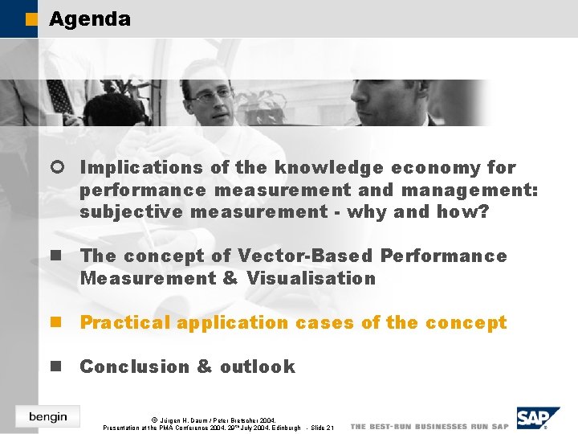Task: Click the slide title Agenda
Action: [89, 19]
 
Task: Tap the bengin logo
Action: [48, 416]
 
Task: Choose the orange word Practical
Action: [126, 323]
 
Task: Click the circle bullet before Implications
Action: [56, 168]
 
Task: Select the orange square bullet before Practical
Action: [56, 323]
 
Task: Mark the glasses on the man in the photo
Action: [210, 95]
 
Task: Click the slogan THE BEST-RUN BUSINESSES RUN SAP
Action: [429, 426]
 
